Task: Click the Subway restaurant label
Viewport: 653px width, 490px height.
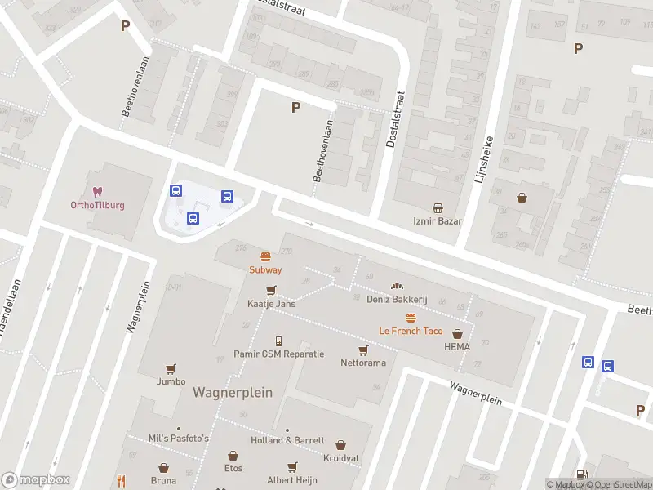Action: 265,269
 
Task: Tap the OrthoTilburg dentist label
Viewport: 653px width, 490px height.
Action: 97,205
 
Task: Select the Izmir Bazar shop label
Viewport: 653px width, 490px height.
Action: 438,221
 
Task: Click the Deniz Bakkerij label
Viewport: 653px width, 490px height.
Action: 398,300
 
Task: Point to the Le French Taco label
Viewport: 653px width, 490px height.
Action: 411,331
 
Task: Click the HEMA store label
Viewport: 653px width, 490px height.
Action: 457,346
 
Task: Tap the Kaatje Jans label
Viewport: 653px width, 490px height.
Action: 271,303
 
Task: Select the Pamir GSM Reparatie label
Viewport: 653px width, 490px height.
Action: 278,354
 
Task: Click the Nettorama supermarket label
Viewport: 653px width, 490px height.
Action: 363,363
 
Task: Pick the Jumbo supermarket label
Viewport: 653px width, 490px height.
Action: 171,381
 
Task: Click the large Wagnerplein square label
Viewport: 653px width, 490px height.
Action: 233,392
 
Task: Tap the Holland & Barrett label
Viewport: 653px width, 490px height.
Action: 287,440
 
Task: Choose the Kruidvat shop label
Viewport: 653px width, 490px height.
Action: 340,457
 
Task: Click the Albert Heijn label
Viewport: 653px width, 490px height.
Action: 291,480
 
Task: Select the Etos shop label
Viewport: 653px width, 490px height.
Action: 233,468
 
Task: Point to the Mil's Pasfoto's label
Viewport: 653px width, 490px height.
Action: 179,439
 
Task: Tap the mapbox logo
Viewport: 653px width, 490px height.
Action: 36,480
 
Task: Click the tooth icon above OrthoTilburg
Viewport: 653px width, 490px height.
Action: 97,192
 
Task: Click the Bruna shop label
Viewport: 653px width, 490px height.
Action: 163,480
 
